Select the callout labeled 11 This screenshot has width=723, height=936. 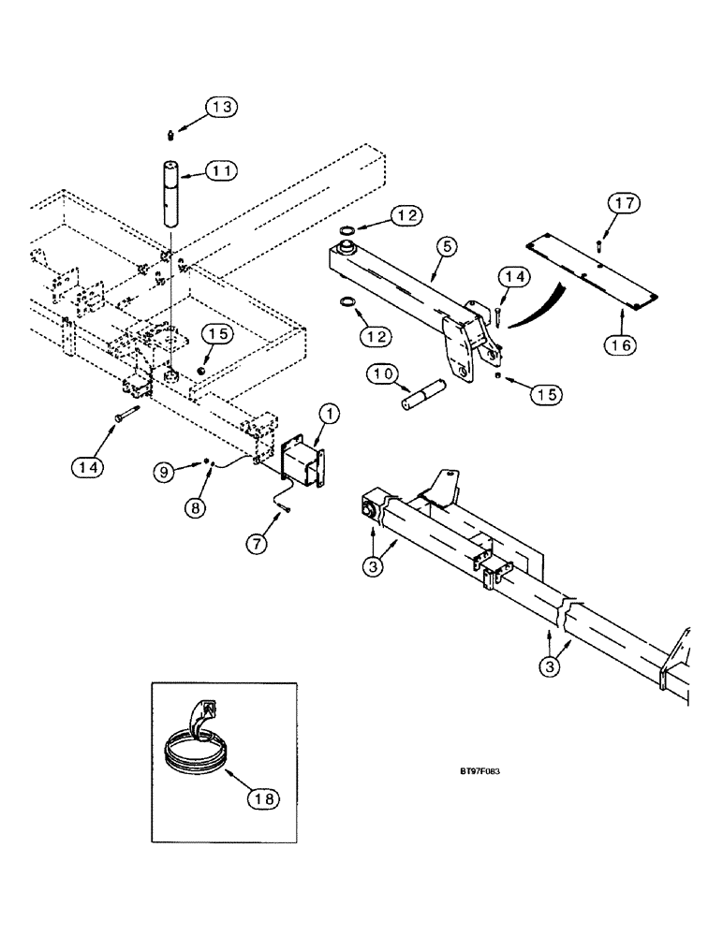click(x=222, y=171)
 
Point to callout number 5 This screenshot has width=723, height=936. click(x=447, y=247)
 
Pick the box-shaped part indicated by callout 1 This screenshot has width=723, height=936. click(x=302, y=461)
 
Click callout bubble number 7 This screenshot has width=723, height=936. click(x=257, y=542)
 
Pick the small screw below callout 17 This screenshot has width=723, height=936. click(x=598, y=245)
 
